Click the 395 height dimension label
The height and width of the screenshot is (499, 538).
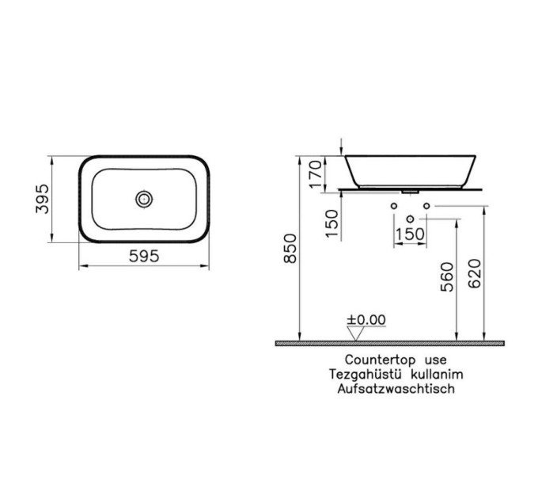pyautogui.click(x=43, y=199)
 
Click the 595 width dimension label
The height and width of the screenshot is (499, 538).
pyautogui.click(x=144, y=256)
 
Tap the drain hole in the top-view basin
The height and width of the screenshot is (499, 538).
pyautogui.click(x=144, y=199)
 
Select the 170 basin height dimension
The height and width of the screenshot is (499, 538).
pyautogui.click(x=316, y=173)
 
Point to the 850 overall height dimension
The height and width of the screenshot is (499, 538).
pyautogui.click(x=290, y=248)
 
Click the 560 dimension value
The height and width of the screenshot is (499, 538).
pyautogui.click(x=447, y=276)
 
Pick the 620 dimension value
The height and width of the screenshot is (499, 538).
pyautogui.click(x=475, y=273)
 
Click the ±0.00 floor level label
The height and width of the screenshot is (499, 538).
pyautogui.click(x=366, y=320)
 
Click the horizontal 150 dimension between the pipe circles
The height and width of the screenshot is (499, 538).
pyautogui.click(x=410, y=234)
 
